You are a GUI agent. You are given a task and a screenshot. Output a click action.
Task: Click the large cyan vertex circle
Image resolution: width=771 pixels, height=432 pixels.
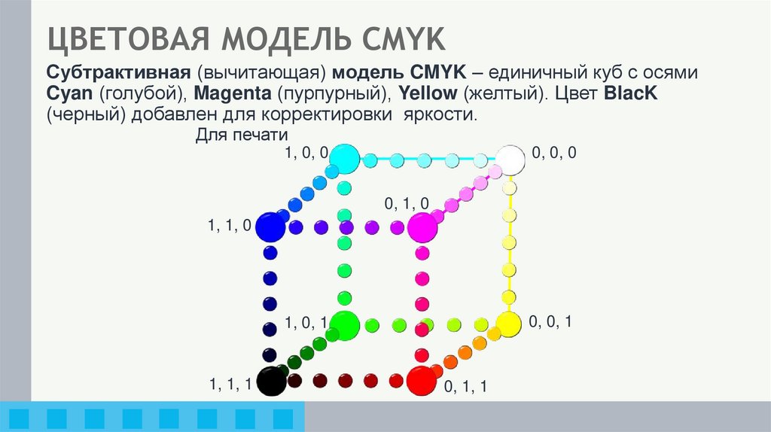pos(343,158)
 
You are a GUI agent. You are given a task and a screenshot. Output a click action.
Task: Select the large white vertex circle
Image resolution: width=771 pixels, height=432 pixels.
pos(510,160)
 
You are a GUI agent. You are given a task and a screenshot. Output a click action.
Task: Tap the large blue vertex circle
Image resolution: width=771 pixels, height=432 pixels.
pos(270,227)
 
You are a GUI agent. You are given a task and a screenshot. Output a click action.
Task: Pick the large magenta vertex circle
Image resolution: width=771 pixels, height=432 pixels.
pos(422,227)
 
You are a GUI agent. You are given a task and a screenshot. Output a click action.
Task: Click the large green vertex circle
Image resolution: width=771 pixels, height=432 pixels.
pos(344,325)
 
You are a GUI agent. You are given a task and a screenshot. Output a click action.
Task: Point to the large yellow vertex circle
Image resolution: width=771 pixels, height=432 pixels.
pos(508,324)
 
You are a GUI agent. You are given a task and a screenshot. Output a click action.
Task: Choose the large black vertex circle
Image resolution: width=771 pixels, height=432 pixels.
pos(271,381)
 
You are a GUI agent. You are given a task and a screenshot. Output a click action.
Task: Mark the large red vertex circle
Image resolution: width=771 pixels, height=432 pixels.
pos(421,381)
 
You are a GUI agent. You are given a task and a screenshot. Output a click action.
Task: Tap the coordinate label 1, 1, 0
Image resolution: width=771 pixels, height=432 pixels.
pos(229,225)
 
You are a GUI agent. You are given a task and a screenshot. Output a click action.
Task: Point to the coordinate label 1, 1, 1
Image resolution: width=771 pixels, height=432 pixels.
pos(230,385)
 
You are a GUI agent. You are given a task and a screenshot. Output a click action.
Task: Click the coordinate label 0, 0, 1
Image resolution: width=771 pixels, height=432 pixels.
pos(550,321)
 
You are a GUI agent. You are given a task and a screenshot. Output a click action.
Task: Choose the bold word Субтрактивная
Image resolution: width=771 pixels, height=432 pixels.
pos(117,75)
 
